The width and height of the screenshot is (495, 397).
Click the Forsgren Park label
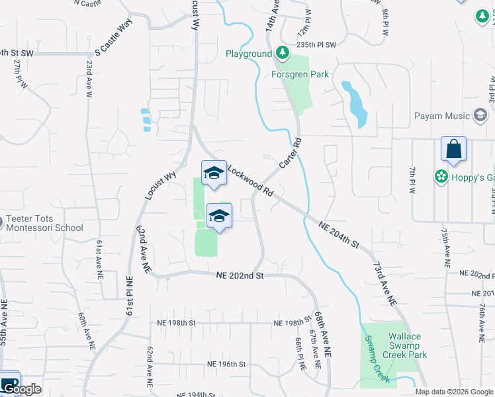[300, 74]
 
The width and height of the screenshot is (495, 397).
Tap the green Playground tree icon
[283, 52]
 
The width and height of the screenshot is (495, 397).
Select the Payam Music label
[442, 116]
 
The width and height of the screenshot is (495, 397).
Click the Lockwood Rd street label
[251, 181]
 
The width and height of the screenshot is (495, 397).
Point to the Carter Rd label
[291, 152]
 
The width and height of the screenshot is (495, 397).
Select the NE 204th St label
[338, 236]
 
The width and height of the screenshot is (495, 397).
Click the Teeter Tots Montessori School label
[45, 224]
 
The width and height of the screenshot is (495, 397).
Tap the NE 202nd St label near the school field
[240, 275]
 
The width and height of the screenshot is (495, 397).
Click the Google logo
[22, 389]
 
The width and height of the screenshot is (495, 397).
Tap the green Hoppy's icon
[439, 177]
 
